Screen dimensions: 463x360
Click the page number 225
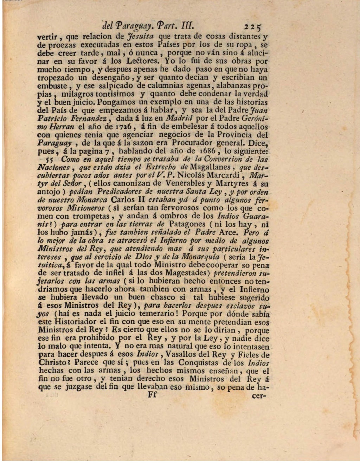point(253,27)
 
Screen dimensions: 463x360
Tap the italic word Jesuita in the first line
point(140,36)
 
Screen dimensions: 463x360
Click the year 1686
point(210,151)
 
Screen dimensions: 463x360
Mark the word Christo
point(52,363)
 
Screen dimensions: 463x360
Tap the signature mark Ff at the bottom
point(152,395)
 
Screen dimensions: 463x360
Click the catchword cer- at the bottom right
point(259,396)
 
